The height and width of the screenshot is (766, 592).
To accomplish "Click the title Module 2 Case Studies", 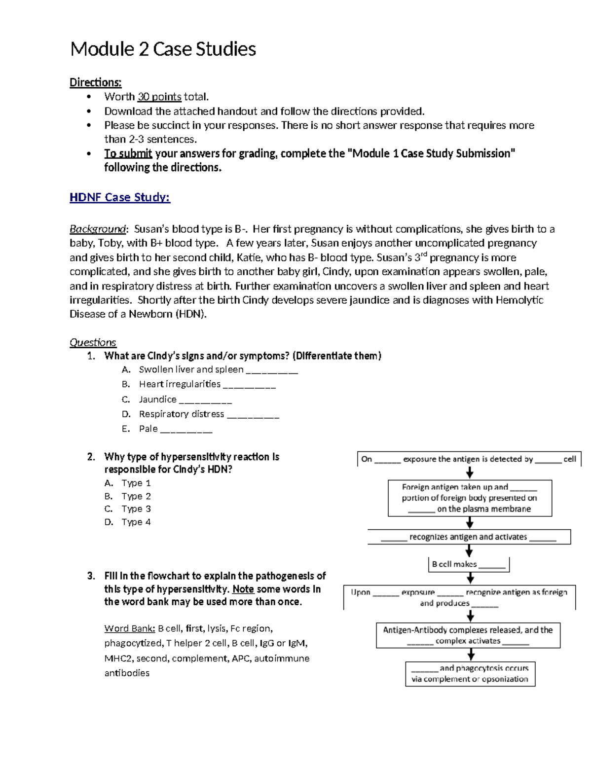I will click(x=163, y=49).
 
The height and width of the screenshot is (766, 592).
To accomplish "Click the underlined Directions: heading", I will click(x=95, y=82).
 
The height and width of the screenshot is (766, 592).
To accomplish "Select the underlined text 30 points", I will click(x=159, y=97).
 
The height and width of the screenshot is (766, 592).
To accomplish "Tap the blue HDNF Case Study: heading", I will click(x=120, y=197).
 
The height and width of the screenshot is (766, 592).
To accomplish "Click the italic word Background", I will click(x=98, y=229).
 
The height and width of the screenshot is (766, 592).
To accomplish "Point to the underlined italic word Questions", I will click(x=93, y=342).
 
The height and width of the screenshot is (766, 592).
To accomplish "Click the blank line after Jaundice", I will click(x=206, y=401).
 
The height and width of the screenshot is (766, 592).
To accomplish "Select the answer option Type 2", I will click(x=136, y=496).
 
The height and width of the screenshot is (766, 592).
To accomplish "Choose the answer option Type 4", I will click(x=136, y=522).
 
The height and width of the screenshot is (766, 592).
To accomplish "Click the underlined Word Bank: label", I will click(x=130, y=628).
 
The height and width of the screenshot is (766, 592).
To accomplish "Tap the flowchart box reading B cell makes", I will click(x=468, y=564).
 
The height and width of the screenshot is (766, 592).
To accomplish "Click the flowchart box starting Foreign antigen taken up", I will click(x=470, y=498).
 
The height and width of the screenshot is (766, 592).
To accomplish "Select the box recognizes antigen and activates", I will click(x=469, y=537).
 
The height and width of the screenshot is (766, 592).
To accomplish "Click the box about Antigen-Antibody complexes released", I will click(x=468, y=635).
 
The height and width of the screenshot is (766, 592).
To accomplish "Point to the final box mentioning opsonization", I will click(x=470, y=674).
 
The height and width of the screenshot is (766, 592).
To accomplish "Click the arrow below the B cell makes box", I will click(x=470, y=578).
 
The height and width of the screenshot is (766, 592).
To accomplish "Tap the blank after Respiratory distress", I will click(x=253, y=415).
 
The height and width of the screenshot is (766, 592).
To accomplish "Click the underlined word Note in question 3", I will click(x=243, y=589).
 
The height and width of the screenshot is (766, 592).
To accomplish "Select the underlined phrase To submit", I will click(x=128, y=153).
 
